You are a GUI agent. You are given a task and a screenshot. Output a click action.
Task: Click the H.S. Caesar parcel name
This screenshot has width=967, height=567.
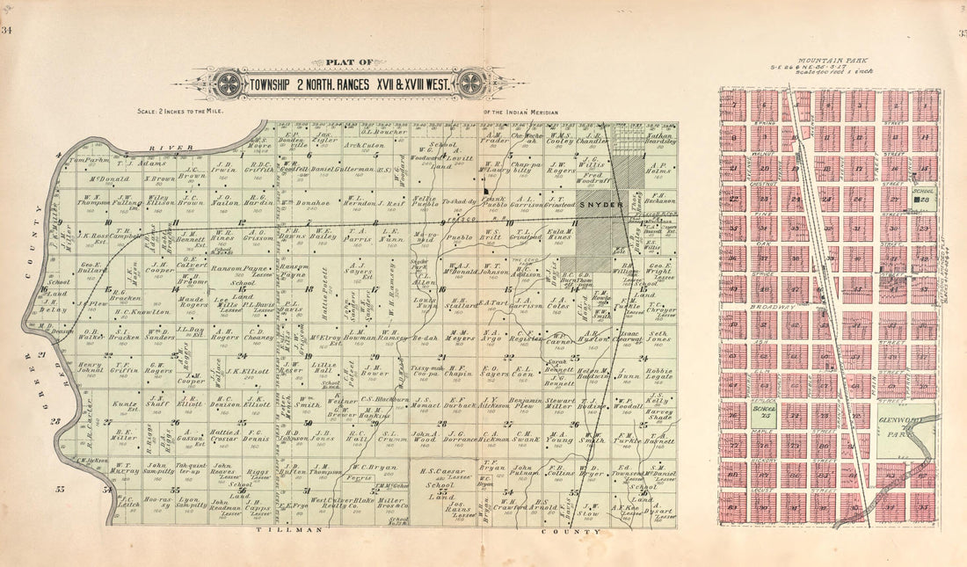437,469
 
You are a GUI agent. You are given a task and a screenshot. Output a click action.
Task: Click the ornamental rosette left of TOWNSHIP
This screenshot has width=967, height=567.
229,84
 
